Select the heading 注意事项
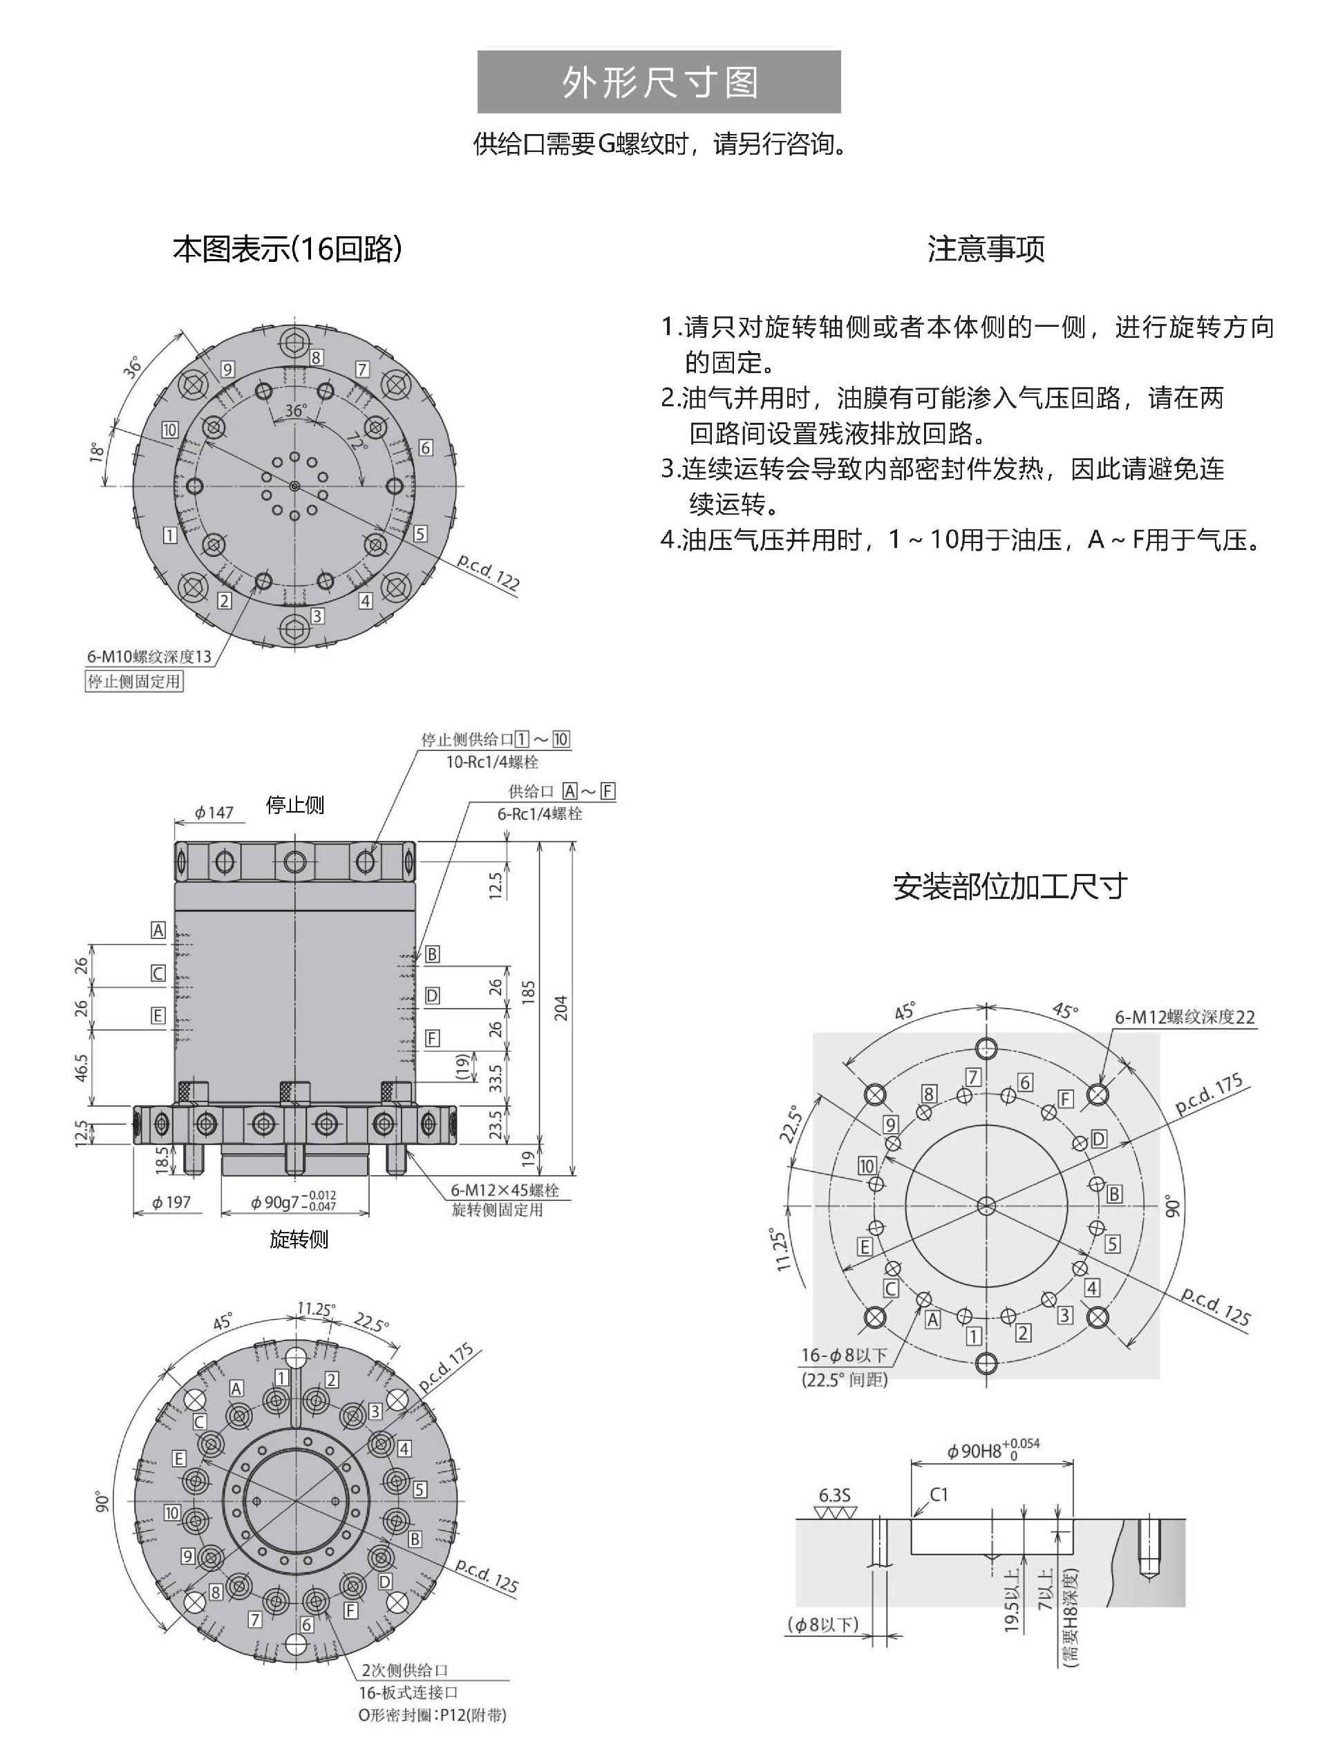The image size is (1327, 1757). tap(986, 249)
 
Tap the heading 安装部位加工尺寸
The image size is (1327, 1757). tap(1009, 886)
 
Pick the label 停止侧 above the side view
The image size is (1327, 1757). tap(295, 806)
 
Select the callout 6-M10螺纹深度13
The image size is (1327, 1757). tap(149, 656)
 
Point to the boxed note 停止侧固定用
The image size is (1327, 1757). tap(134, 681)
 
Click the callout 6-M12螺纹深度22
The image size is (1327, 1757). tap(1185, 1017)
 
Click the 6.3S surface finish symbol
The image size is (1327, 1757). tap(834, 1496)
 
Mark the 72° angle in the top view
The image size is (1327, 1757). tap(357, 442)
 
